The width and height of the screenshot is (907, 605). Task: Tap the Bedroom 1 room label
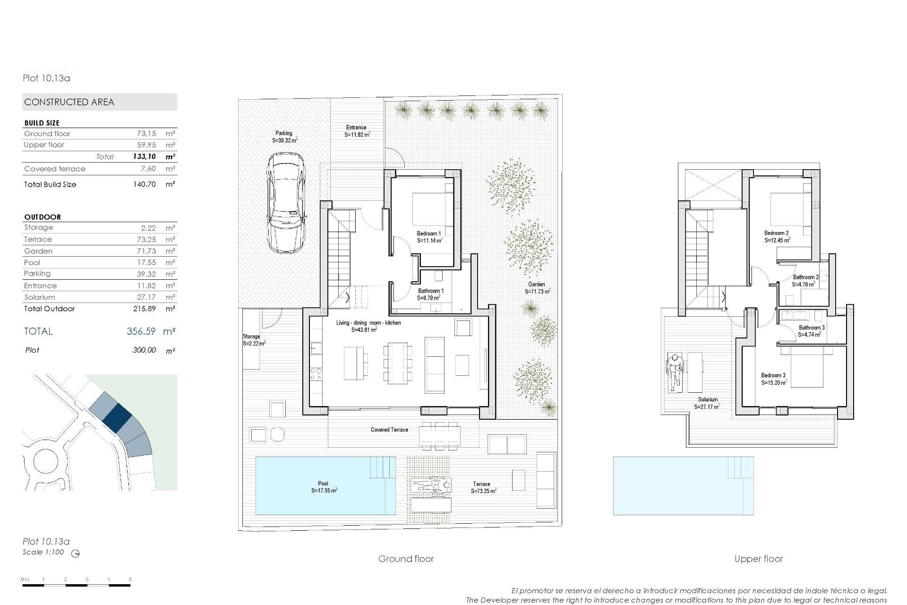point(429,233)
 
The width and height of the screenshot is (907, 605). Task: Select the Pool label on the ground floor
point(323,484)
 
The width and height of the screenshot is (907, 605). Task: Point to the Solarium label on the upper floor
point(708,399)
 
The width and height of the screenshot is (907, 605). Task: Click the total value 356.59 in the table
point(141,331)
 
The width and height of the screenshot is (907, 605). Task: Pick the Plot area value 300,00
point(144,350)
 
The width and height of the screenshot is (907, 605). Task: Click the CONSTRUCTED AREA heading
point(69,102)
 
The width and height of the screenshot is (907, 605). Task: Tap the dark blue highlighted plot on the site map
point(117,416)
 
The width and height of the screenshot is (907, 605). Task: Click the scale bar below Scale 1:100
point(76,586)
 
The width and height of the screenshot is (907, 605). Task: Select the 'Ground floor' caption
point(406,559)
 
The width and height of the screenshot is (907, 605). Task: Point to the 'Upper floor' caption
point(758,559)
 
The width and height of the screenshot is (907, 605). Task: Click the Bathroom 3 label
point(812,328)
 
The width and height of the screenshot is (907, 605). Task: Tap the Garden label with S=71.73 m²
point(537,285)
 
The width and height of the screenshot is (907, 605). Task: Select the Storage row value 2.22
point(148,228)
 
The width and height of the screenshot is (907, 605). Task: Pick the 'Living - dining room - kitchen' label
point(368,323)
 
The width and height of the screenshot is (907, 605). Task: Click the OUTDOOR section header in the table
point(43,217)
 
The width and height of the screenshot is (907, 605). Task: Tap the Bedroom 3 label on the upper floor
point(773,375)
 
